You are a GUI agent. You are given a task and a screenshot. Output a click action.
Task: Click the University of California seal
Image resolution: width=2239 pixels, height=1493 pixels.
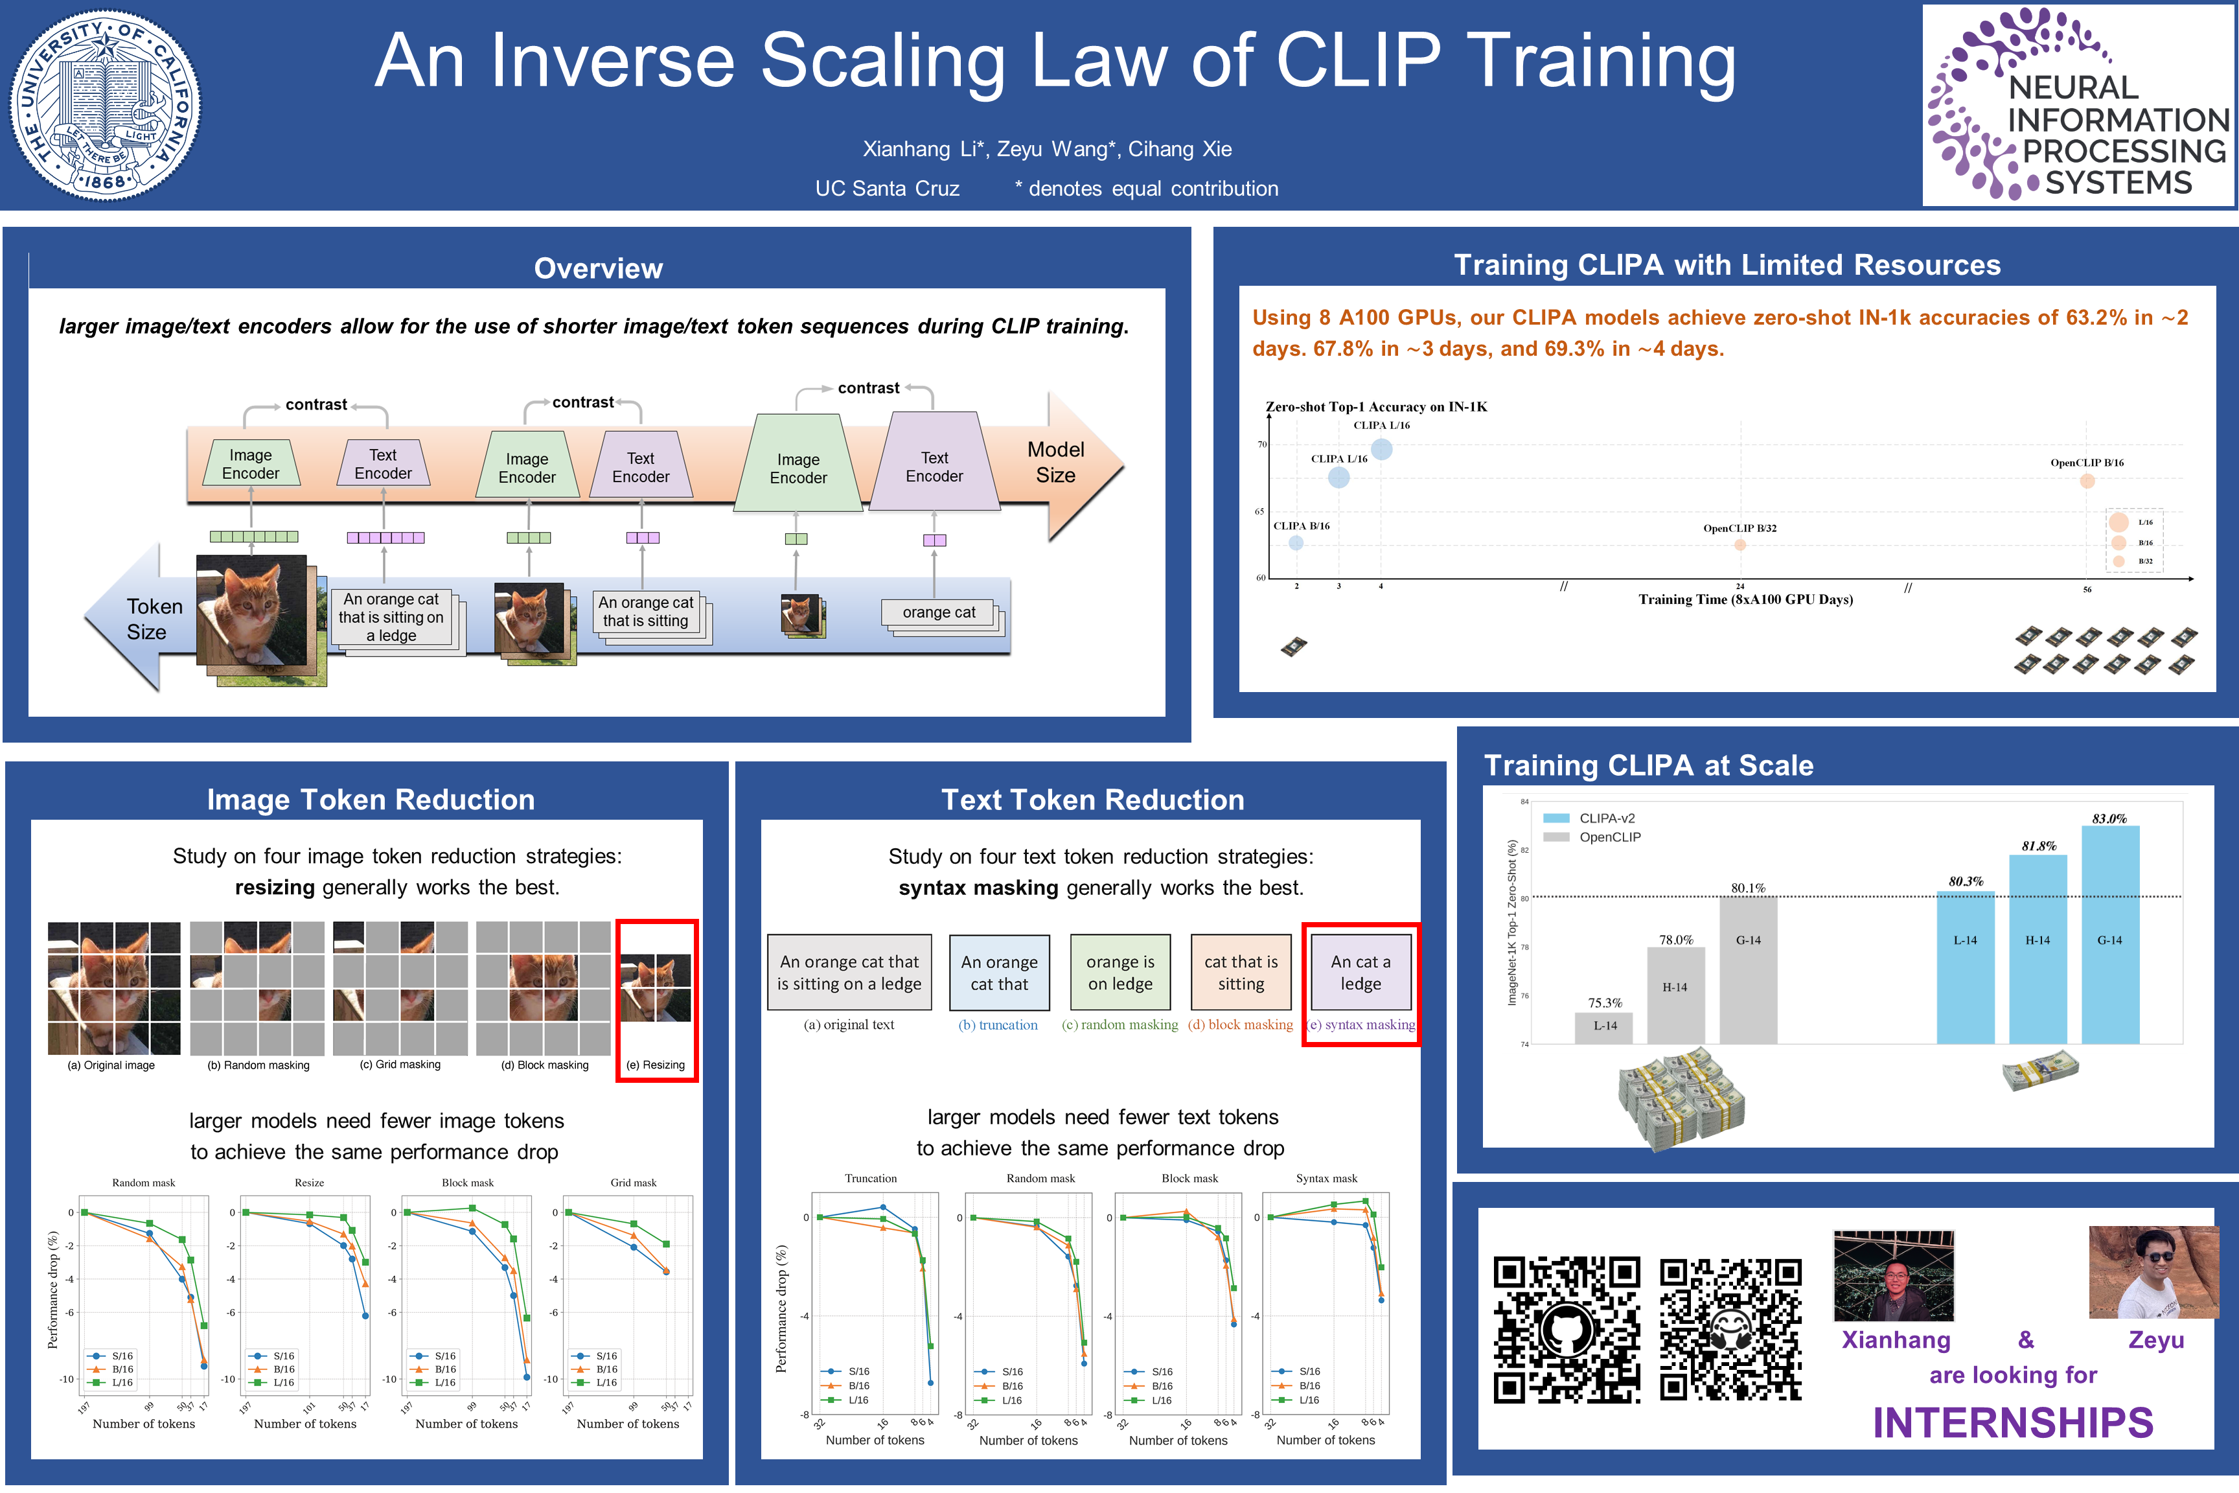pos(105,105)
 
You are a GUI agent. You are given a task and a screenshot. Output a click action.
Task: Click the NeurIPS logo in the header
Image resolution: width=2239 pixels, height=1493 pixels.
pos(2078,105)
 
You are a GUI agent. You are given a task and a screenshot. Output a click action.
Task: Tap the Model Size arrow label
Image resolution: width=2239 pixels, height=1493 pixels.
pos(1056,462)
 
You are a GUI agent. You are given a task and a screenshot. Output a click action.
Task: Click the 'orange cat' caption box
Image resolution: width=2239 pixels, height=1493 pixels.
pos(939,612)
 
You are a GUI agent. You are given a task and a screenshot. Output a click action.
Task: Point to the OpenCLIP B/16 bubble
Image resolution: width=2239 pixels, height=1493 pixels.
pos(2087,481)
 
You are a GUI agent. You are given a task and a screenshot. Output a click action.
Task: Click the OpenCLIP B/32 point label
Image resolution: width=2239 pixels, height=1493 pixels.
pos(1740,529)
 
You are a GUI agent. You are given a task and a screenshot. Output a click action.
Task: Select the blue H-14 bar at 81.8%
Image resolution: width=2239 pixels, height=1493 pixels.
pos(2037,947)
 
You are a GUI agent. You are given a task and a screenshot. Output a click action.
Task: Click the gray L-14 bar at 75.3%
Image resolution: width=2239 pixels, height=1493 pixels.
pos(1604,1027)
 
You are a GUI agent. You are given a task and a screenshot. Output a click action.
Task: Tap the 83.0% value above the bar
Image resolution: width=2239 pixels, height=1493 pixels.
pos(2109,819)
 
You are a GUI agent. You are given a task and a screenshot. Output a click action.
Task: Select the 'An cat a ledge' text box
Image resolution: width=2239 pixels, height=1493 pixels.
pos(1361,972)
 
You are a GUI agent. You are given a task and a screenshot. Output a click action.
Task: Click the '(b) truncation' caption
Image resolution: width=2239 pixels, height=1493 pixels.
pos(998,1024)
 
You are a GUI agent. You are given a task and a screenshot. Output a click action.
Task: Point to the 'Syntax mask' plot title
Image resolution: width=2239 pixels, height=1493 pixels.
pos(1326,1178)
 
